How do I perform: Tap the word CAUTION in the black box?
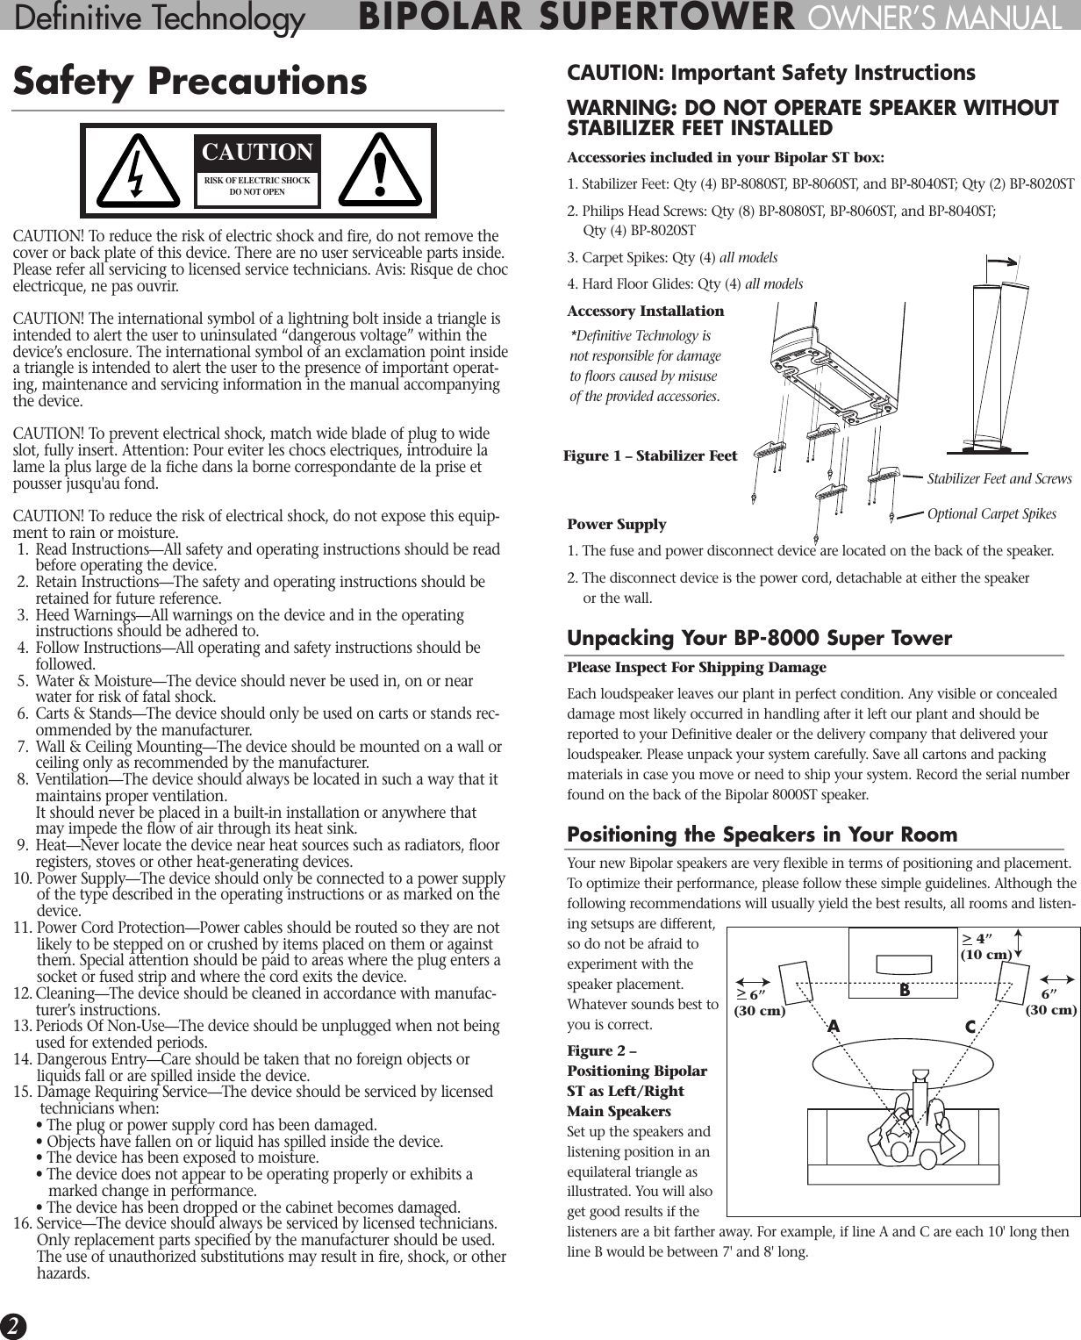pos(257,152)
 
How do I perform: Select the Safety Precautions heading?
pos(190,82)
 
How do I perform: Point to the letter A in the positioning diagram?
pos(834,1027)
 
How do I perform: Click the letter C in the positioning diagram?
pos(970,1027)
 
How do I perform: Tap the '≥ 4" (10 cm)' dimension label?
pos(986,947)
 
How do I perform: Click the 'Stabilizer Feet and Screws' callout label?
pos(999,478)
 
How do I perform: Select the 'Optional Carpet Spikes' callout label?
pos(992,514)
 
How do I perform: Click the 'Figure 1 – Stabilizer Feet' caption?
pos(650,455)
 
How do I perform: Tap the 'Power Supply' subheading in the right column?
pos(617,525)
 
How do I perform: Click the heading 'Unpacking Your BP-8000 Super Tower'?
pos(759,638)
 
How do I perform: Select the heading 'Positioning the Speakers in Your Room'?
pos(762,834)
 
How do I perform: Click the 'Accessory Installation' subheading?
pos(646,312)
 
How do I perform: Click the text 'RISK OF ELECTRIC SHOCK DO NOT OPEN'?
pos(257,186)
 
